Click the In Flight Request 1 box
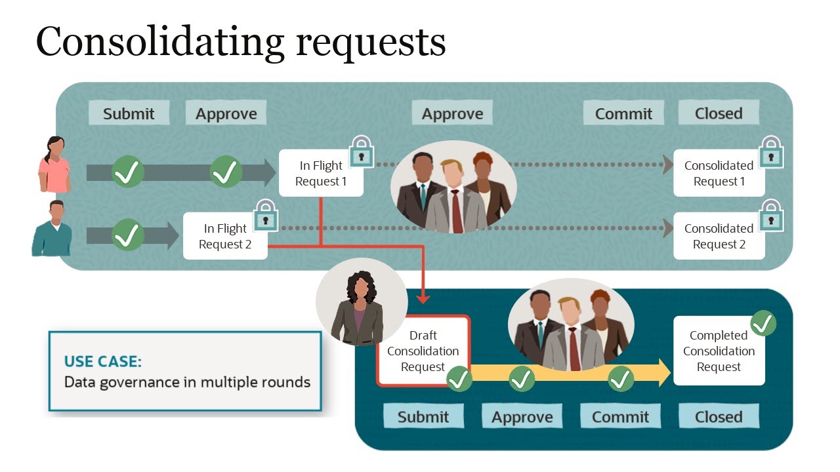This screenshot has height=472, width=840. pos(321,173)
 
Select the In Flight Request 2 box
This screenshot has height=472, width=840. pos(225,236)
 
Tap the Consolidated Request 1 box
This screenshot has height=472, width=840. pos(719,173)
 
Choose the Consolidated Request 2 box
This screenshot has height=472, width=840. pos(719,236)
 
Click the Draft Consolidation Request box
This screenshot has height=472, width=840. pos(423,351)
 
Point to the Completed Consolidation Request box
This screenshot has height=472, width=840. pos(719,351)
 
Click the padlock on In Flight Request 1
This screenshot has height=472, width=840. pos(362,151)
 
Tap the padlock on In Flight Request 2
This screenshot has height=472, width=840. pos(266,215)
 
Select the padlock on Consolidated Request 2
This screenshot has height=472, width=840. pos(771,215)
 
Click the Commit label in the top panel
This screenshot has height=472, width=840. pos(623,113)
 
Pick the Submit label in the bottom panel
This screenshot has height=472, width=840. pos(423,416)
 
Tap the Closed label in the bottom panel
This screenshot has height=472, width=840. pos(719,416)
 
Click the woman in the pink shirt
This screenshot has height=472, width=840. pos(54,165)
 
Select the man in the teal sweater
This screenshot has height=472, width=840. pos(52,229)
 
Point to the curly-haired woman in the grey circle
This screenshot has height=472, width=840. pos(360,308)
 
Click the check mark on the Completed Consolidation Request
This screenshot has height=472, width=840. pos(763,323)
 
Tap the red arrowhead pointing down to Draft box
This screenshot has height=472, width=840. pos(423,298)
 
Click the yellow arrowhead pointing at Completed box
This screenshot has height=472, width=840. pos(664,372)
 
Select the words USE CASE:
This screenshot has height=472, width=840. pos(103,361)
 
